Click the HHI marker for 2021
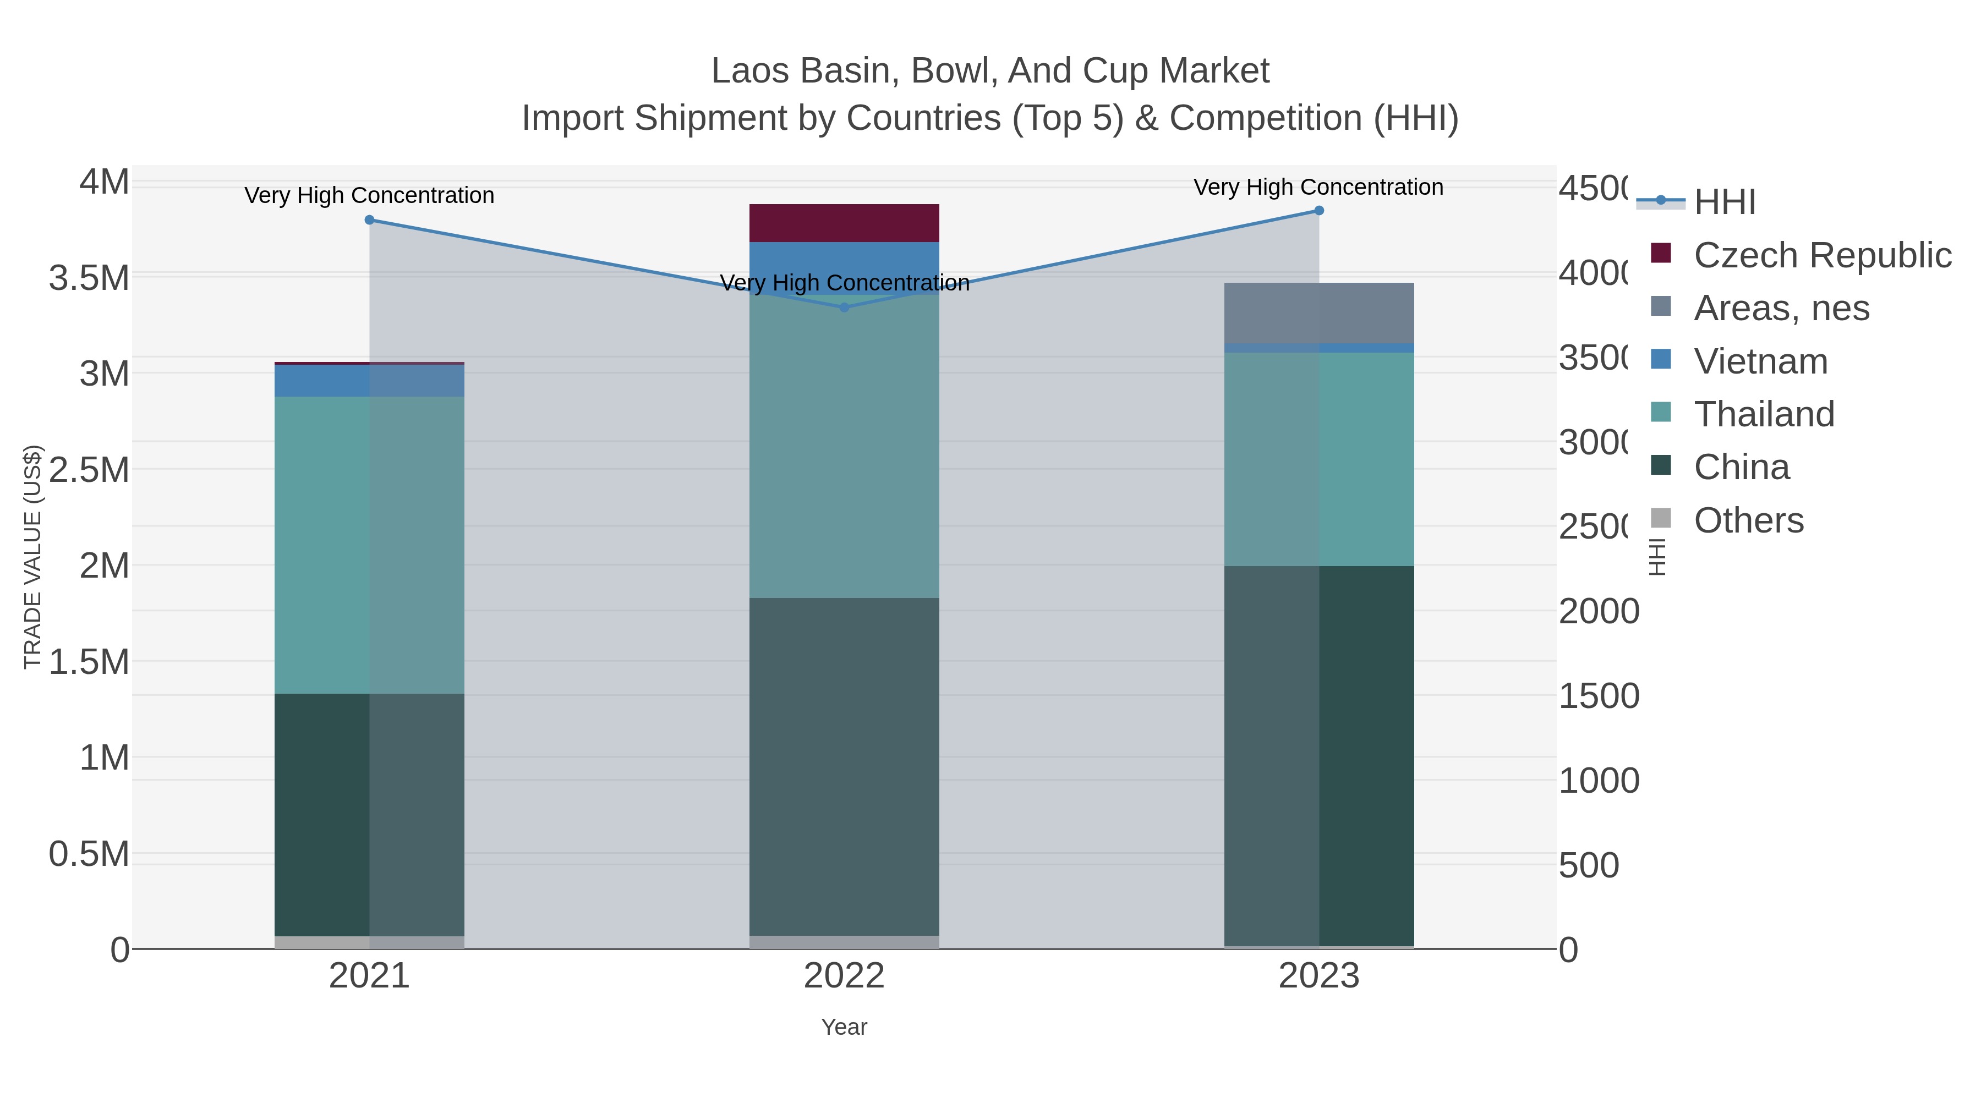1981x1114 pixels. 369,220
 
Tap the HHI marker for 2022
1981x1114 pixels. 844,308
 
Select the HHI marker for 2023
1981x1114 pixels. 1319,211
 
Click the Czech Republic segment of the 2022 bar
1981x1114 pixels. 844,223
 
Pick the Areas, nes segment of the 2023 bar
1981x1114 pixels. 1319,313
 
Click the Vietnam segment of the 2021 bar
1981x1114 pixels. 369,381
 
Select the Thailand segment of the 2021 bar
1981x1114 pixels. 369,545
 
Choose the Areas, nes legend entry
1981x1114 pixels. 1781,308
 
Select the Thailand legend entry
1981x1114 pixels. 1764,414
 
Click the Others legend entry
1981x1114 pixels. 1748,520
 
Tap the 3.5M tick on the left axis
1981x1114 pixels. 89,278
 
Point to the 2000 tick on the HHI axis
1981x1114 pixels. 1599,612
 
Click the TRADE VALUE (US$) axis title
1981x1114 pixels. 33,557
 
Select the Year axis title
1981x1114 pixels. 844,1027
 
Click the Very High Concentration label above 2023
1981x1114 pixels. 1318,188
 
